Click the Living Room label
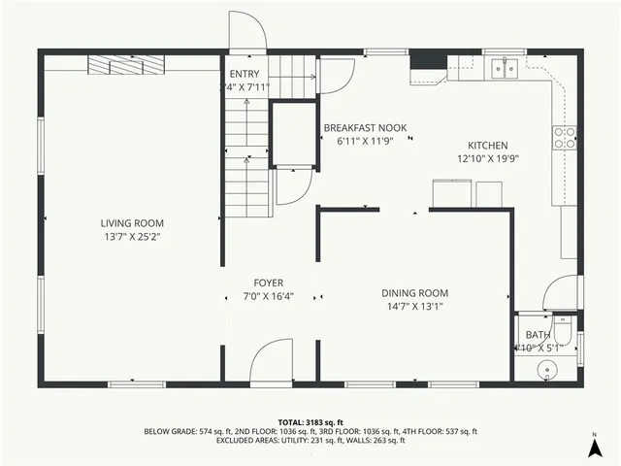[x=133, y=222]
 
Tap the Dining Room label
[x=414, y=292]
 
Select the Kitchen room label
[x=490, y=145]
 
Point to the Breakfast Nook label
[x=365, y=128]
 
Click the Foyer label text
[x=269, y=283]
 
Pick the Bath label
[x=538, y=335]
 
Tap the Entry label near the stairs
[x=245, y=74]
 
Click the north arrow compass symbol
[x=594, y=448]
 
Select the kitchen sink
[x=503, y=67]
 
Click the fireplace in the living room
[x=126, y=65]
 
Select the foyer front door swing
[x=272, y=361]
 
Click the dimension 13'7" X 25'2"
[x=133, y=236]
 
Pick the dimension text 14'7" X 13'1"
[x=414, y=306]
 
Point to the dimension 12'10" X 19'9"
[x=490, y=157]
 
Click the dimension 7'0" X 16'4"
[x=269, y=297]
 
